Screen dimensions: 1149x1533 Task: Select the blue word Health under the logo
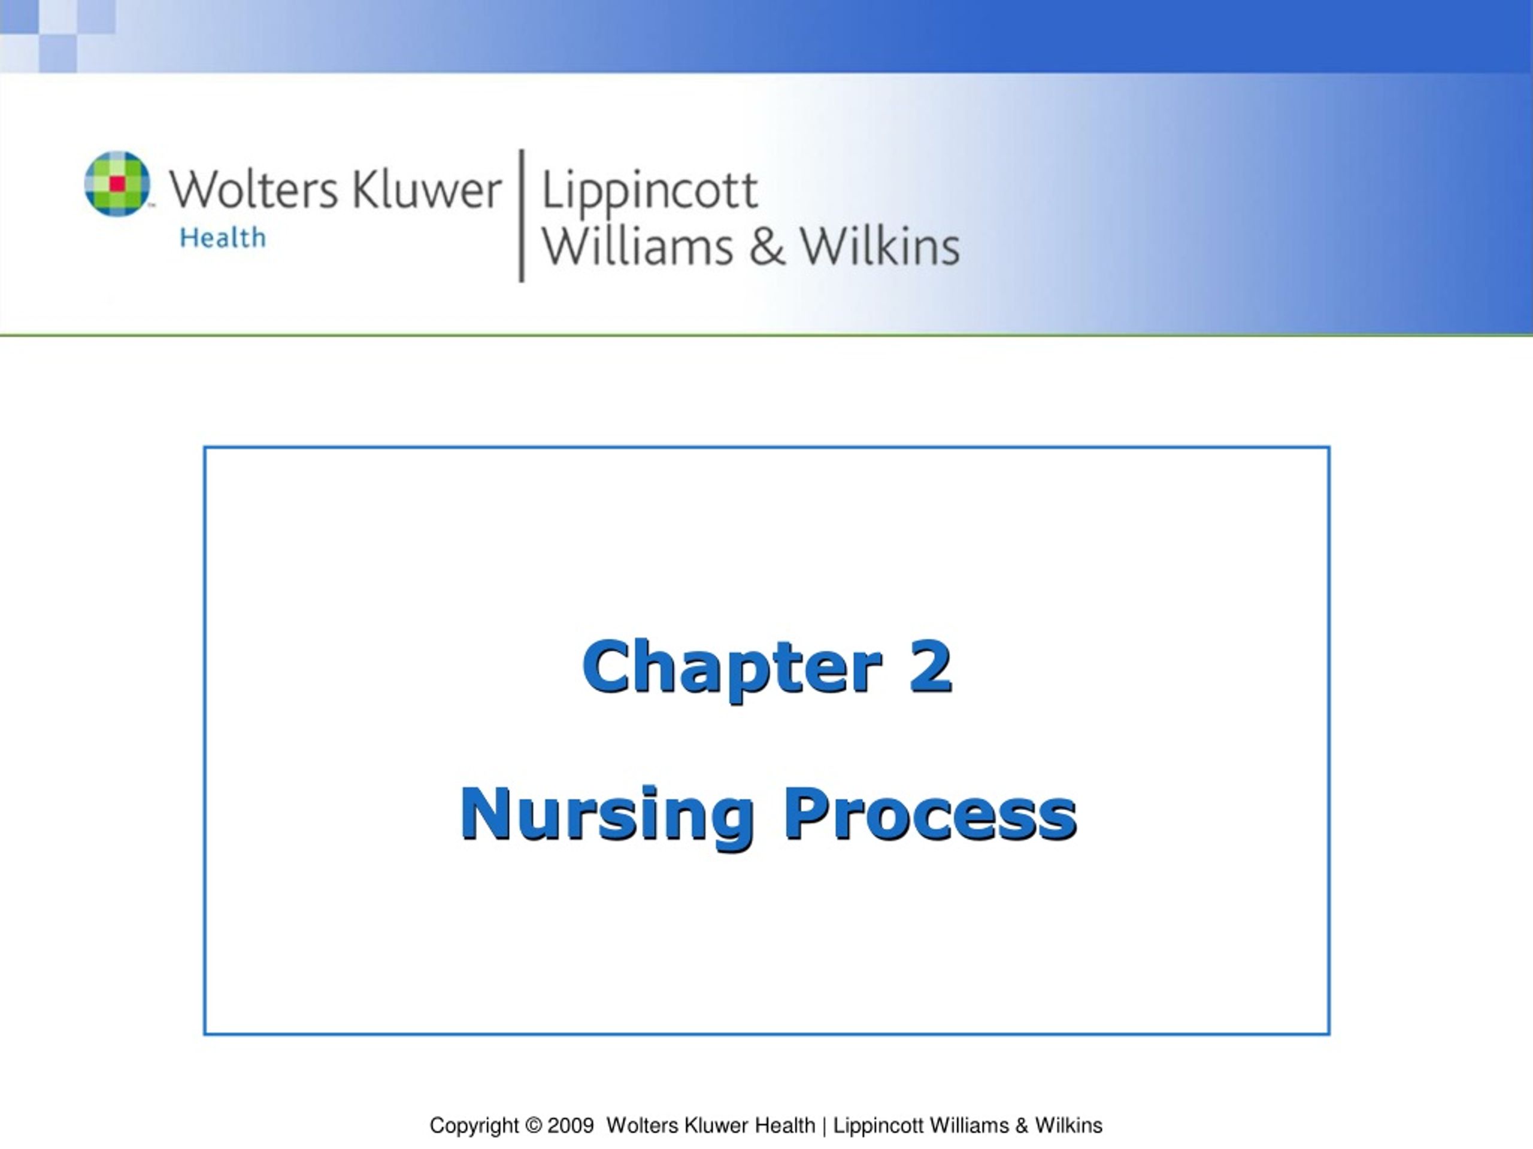click(x=223, y=238)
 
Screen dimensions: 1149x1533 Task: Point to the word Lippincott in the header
click(x=649, y=190)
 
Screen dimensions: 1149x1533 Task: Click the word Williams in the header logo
click(x=638, y=247)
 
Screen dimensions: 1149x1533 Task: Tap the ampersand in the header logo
click(x=766, y=247)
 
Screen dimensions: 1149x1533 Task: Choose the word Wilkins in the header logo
click(x=880, y=247)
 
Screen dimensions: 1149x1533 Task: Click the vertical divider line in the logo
click(x=522, y=215)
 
